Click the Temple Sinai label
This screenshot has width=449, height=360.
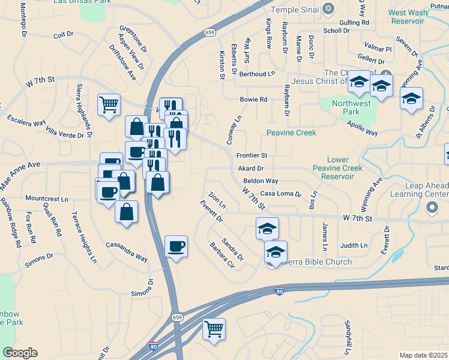tap(294, 10)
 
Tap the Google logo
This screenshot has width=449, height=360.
tap(20, 353)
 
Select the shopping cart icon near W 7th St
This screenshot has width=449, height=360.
tap(109, 105)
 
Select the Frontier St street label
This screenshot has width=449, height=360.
tap(251, 155)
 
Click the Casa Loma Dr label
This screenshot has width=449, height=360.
tap(280, 194)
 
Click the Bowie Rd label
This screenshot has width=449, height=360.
tap(253, 100)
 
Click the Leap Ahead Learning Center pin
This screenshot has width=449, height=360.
tap(432, 208)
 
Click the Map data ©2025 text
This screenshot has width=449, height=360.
tap(423, 355)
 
